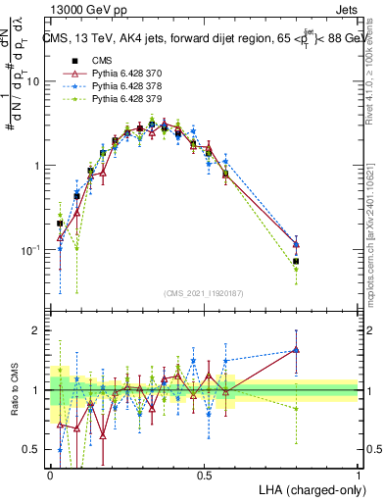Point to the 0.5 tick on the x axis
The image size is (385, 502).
pyautogui.click(x=204, y=476)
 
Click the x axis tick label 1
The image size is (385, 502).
pyautogui.click(x=358, y=476)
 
